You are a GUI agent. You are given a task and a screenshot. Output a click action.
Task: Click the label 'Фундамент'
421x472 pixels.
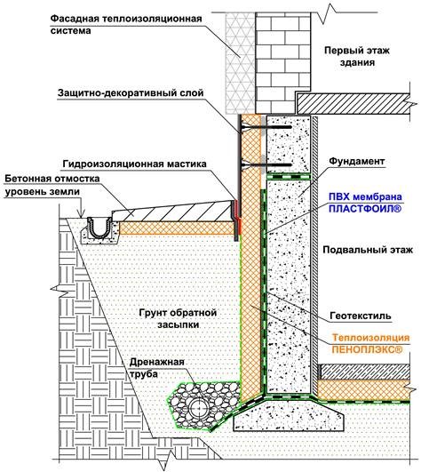[x=357, y=161]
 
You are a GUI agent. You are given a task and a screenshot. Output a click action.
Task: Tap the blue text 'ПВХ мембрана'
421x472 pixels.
[x=365, y=196]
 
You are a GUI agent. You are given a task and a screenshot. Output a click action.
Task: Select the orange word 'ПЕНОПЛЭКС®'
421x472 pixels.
[x=367, y=349]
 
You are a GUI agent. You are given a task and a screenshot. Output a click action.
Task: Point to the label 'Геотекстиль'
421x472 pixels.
[x=361, y=316]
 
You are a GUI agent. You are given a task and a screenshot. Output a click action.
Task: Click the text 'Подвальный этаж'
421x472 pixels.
[x=368, y=250]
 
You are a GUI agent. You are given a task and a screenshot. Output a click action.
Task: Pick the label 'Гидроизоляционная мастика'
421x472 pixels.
[x=134, y=164]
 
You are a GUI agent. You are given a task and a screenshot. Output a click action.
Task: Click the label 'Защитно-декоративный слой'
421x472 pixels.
[x=131, y=93]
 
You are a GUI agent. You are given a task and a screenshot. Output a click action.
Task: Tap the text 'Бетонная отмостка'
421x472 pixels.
[x=52, y=179]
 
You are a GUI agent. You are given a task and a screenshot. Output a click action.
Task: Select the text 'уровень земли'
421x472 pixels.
[x=43, y=192]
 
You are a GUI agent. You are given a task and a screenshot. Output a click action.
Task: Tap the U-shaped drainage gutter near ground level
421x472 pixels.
[x=99, y=228]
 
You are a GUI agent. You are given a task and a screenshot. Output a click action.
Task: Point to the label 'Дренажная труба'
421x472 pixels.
[x=156, y=368]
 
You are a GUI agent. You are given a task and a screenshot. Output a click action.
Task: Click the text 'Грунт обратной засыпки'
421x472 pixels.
[x=178, y=319]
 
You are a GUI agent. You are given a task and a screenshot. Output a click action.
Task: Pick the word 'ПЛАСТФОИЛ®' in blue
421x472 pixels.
[x=365, y=209]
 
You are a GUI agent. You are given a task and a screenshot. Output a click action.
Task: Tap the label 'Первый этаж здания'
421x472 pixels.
[x=357, y=56]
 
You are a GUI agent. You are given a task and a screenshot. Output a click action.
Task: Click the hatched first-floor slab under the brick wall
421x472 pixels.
[x=353, y=104]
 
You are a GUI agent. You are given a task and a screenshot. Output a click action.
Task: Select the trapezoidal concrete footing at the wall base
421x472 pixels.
[x=289, y=414]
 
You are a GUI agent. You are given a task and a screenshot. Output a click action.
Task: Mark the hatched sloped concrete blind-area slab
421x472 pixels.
[x=174, y=212]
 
